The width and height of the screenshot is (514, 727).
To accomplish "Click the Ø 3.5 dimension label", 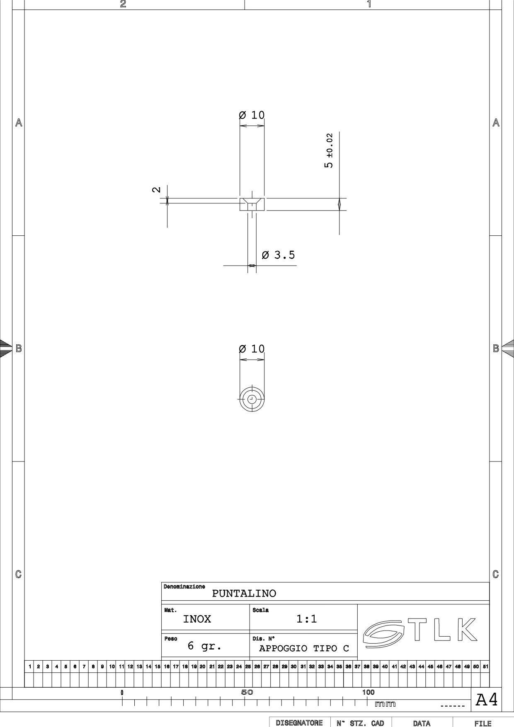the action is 279,255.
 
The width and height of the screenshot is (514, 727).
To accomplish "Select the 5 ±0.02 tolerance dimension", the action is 328,151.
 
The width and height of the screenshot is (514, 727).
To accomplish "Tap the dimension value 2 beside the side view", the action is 156,190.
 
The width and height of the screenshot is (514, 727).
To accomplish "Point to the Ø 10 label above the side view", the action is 252,115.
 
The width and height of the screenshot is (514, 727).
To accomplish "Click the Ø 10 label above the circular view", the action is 252,349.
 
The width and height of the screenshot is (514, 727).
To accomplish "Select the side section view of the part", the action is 252,204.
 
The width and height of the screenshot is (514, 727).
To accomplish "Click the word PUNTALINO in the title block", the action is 244,594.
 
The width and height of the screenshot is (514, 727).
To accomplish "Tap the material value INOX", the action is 197,619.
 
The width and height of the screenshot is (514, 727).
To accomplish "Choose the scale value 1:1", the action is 307,619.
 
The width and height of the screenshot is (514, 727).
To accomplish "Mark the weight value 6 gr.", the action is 204,646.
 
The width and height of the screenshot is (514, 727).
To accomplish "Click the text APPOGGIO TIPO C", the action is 304,648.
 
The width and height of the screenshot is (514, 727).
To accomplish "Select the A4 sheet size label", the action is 487,700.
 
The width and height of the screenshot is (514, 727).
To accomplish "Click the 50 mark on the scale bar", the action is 247,692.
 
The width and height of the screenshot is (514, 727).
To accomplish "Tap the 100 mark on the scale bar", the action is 368,692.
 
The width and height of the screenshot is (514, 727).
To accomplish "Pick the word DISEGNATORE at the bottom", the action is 299,723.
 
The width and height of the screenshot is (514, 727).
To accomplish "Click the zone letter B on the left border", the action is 19,348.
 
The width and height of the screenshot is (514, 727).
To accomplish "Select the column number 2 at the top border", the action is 123,4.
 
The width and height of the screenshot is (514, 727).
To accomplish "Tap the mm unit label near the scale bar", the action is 385,704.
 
